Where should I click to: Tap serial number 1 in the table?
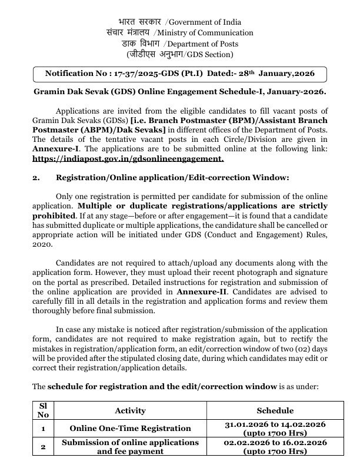click(43, 428)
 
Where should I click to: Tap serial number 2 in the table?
click(43, 446)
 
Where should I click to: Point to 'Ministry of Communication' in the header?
click(208, 33)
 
